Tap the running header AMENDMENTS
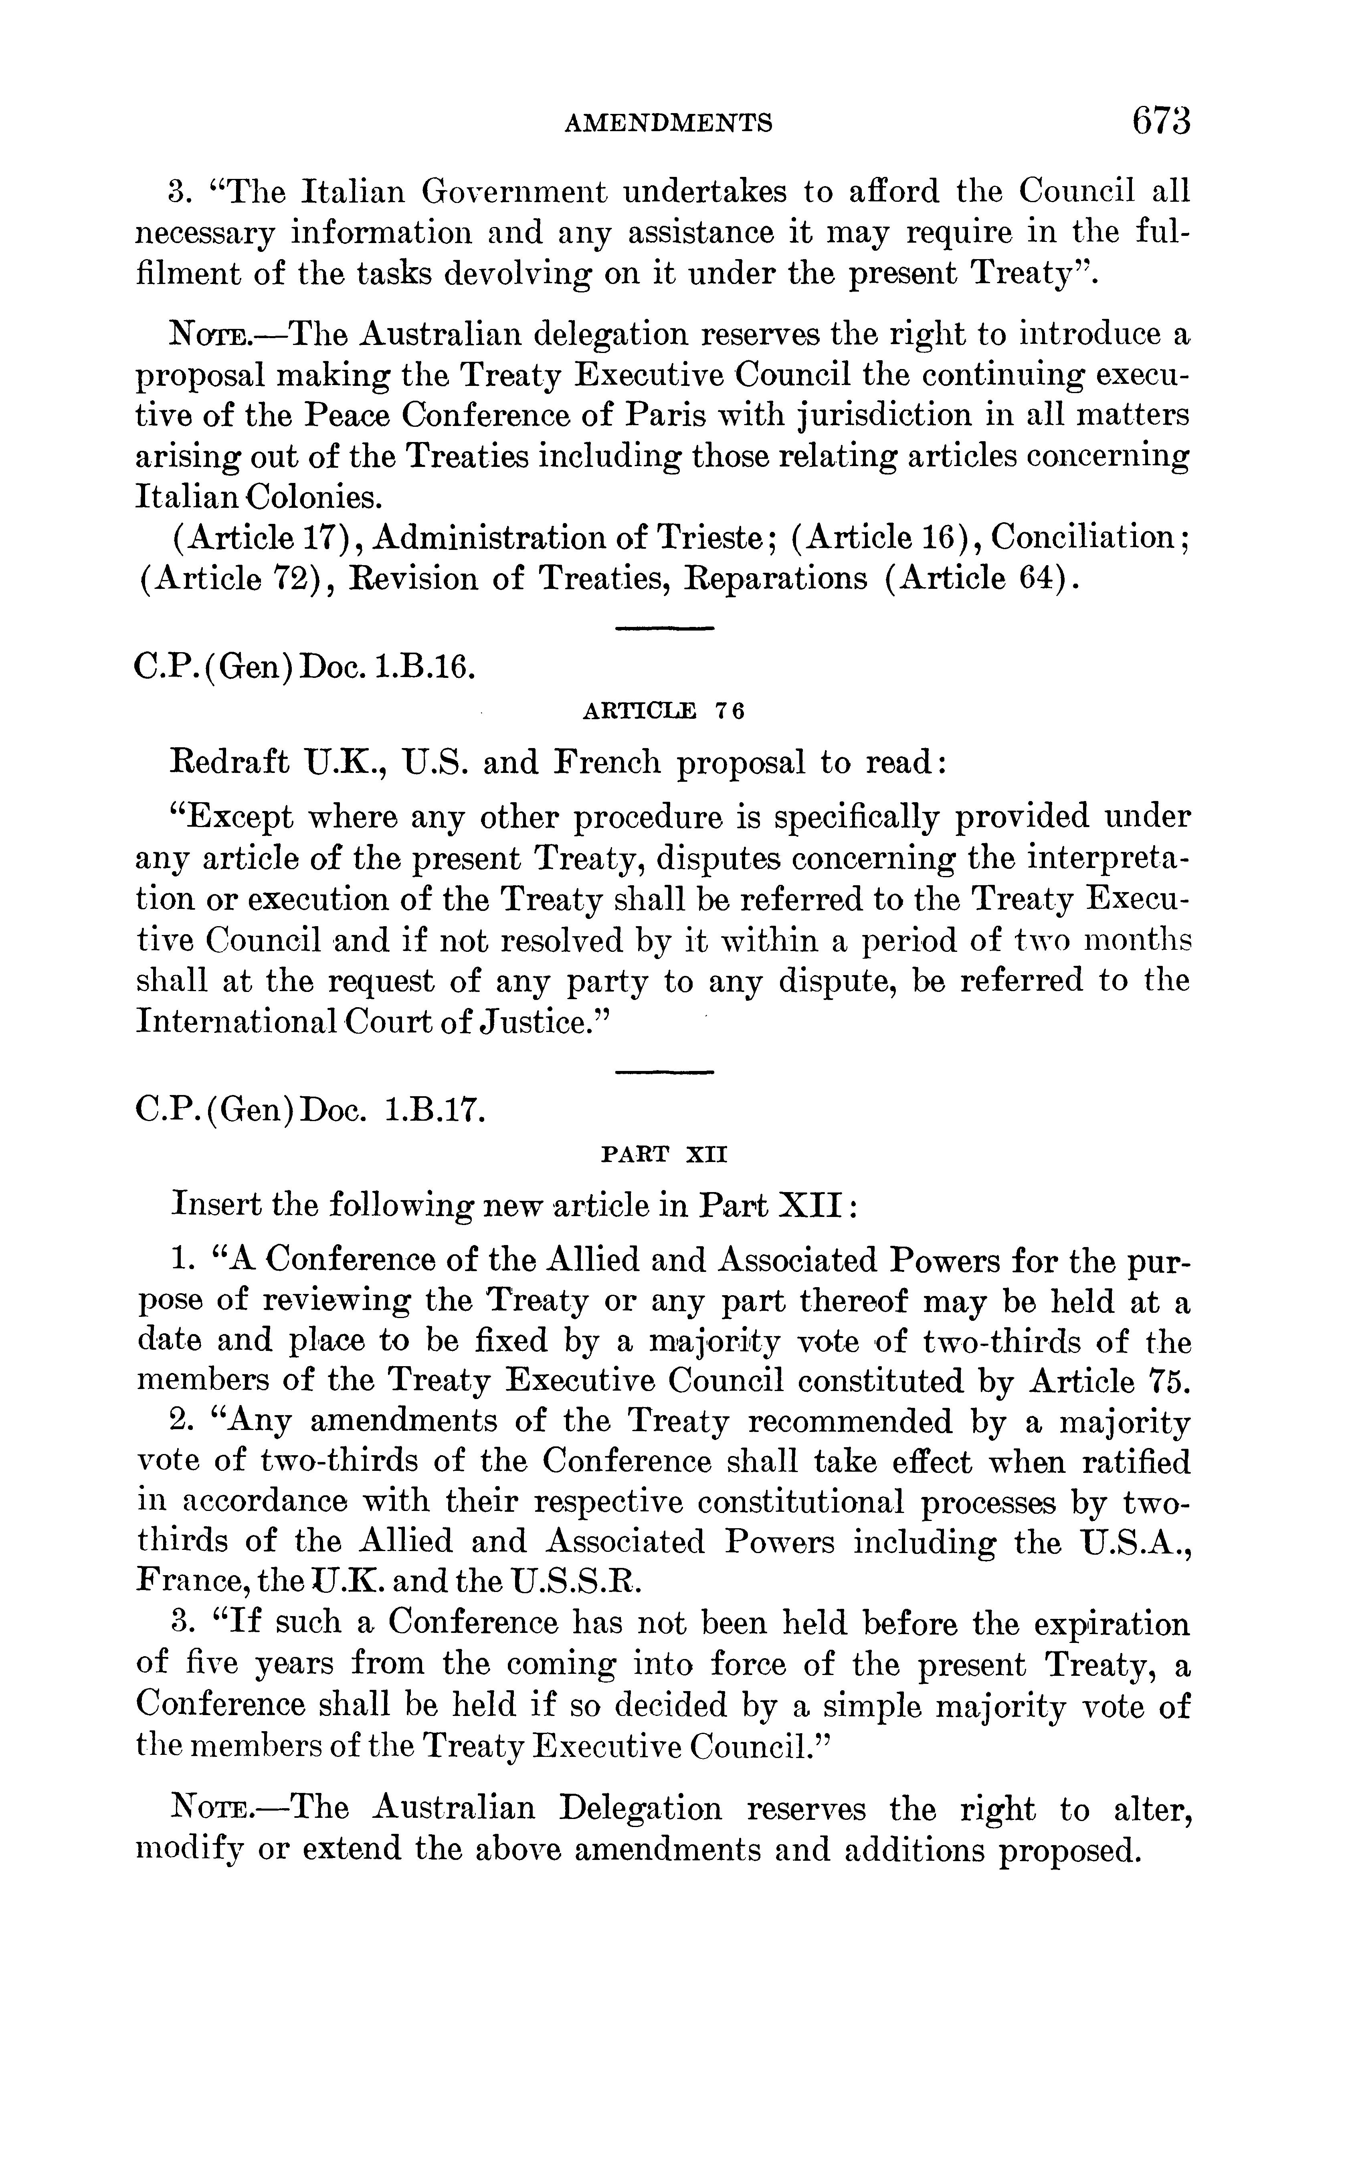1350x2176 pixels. (x=668, y=122)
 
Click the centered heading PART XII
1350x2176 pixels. (x=665, y=1154)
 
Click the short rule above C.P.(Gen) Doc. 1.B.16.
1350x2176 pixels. (x=665, y=629)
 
